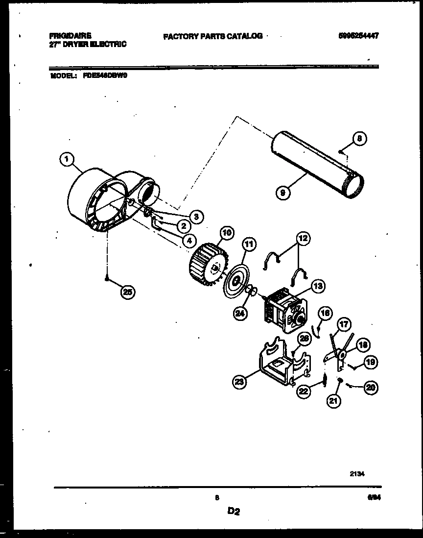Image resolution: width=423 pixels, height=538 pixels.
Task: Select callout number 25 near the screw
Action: [127, 293]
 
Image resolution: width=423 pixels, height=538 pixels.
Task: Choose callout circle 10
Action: [213, 232]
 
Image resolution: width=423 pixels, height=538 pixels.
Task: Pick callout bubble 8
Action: [359, 139]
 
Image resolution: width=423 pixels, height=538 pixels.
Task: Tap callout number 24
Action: [239, 314]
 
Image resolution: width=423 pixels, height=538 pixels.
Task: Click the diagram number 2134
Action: [357, 474]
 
